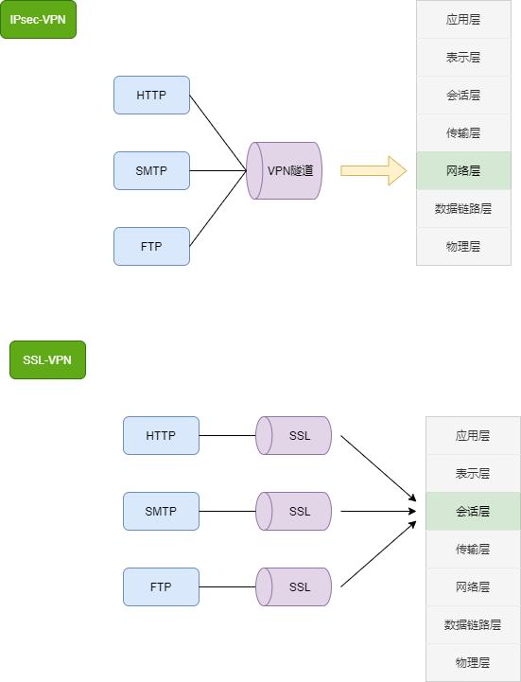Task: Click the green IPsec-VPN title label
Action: click(x=38, y=19)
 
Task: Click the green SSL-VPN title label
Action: click(x=47, y=359)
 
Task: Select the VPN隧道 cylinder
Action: click(x=285, y=170)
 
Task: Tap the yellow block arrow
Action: click(x=373, y=170)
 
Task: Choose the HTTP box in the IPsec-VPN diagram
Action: click(x=151, y=95)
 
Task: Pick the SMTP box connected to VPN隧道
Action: click(x=151, y=170)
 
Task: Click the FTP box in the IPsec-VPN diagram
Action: click(x=151, y=246)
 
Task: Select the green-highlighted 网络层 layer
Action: click(x=463, y=170)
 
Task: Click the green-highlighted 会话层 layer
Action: click(x=473, y=511)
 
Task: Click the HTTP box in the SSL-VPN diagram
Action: click(x=161, y=435)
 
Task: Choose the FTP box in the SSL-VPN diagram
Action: click(x=161, y=586)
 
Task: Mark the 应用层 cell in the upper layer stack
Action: click(x=463, y=19)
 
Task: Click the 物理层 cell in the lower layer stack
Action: click(x=473, y=662)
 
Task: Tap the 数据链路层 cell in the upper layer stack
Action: click(x=463, y=208)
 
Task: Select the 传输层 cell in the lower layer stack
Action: click(x=473, y=549)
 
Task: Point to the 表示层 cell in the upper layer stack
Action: click(x=463, y=57)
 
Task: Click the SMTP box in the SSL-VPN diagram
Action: click(x=161, y=511)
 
